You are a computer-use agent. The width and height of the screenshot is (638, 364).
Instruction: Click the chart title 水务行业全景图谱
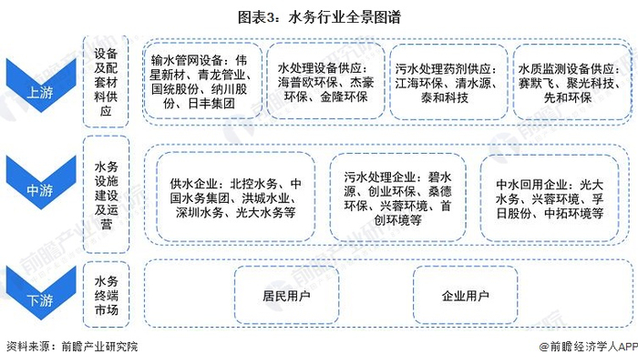pyautogui.click(x=319, y=15)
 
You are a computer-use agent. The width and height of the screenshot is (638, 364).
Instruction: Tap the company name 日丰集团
pyautogui.click(x=211, y=104)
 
